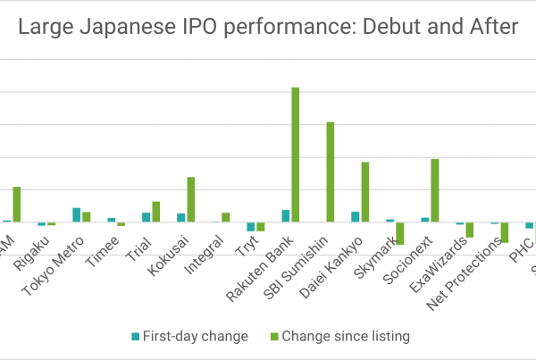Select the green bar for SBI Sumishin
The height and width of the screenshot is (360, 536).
(330, 172)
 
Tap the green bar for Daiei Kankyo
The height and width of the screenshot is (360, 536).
(364, 191)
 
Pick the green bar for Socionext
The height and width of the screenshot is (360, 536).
(435, 190)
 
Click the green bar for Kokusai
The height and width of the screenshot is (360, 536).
(190, 199)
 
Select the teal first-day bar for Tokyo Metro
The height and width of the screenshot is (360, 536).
(77, 214)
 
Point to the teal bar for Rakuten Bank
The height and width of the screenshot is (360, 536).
(286, 215)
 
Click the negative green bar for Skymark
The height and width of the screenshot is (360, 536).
(399, 233)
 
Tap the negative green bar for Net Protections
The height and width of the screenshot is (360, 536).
(504, 232)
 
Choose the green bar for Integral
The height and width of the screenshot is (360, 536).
(225, 217)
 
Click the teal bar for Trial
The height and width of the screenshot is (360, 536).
(147, 217)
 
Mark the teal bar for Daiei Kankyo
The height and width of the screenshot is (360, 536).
(356, 216)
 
